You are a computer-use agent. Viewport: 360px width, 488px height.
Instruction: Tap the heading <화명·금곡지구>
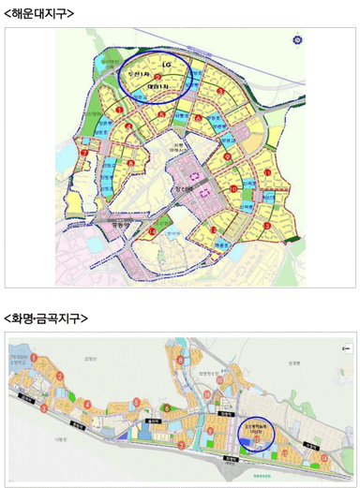pos(47,318)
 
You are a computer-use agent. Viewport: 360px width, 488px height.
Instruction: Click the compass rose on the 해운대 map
pos(299,40)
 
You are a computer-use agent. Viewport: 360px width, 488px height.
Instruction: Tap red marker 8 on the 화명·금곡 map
pos(180,360)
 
